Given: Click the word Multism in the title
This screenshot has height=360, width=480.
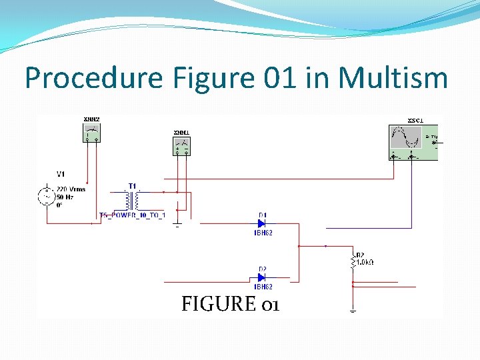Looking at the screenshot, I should tap(393, 78).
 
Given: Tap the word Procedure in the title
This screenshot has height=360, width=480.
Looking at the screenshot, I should tap(93, 78).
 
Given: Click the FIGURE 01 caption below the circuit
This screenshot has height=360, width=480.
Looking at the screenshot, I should tap(230, 304).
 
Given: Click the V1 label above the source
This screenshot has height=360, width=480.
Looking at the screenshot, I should tap(61, 174).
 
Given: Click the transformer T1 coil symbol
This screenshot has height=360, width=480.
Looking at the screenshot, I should tap(131, 199).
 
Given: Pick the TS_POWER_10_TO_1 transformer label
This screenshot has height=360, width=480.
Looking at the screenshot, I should tap(131, 215).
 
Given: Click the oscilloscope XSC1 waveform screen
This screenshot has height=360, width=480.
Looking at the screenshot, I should tap(406, 137).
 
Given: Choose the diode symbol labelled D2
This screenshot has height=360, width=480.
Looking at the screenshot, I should tap(262, 277).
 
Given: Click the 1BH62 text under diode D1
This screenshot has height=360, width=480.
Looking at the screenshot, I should tap(263, 233).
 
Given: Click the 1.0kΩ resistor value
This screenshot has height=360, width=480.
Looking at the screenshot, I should tap(365, 263).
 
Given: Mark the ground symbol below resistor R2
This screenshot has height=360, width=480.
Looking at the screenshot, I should tap(352, 309).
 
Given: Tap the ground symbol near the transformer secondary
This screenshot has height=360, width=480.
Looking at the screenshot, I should tap(177, 225).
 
